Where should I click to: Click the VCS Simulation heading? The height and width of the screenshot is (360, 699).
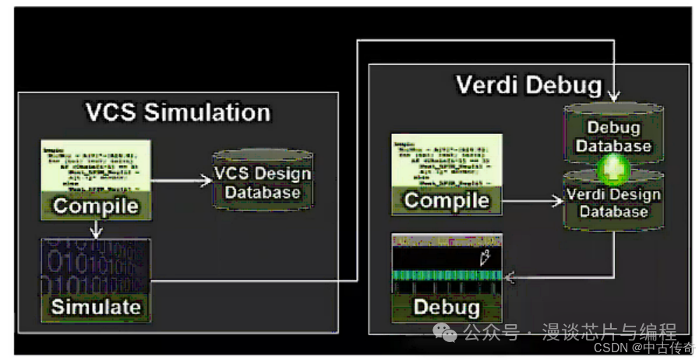tap(178, 112)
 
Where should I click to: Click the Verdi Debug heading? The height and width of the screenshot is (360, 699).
tap(528, 84)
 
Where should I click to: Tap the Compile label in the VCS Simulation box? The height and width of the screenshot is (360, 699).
tap(96, 206)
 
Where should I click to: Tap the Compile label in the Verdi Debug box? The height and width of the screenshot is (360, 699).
tap(447, 201)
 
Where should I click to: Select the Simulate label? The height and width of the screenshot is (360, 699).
tap(96, 306)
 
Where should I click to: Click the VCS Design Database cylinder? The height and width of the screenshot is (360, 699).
tap(262, 182)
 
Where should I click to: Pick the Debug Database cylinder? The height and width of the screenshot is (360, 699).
tap(613, 136)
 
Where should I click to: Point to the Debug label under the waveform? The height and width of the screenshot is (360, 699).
tap(447, 307)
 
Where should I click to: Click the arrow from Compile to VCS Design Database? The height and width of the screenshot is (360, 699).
tap(183, 181)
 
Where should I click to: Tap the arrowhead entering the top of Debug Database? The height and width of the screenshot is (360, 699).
tap(614, 97)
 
